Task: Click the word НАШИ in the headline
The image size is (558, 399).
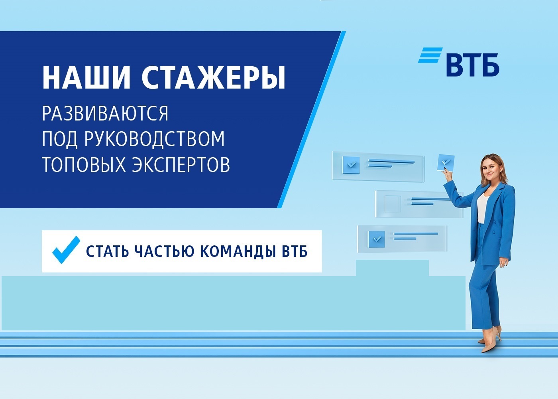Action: tap(86, 77)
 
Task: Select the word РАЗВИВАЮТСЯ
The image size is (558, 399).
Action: tap(105, 114)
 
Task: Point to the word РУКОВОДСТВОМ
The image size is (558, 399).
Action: tap(155, 139)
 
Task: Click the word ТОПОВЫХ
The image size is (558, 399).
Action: tap(84, 164)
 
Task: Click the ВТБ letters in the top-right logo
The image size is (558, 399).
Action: tap(473, 65)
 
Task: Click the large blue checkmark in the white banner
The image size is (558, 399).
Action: tap(66, 250)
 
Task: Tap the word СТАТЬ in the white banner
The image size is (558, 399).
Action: tap(108, 252)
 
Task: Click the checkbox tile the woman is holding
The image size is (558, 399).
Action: tap(446, 163)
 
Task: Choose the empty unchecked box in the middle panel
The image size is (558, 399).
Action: tap(393, 204)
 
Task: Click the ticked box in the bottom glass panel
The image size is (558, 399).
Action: tap(376, 239)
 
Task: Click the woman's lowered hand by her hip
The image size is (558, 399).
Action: tap(503, 263)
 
